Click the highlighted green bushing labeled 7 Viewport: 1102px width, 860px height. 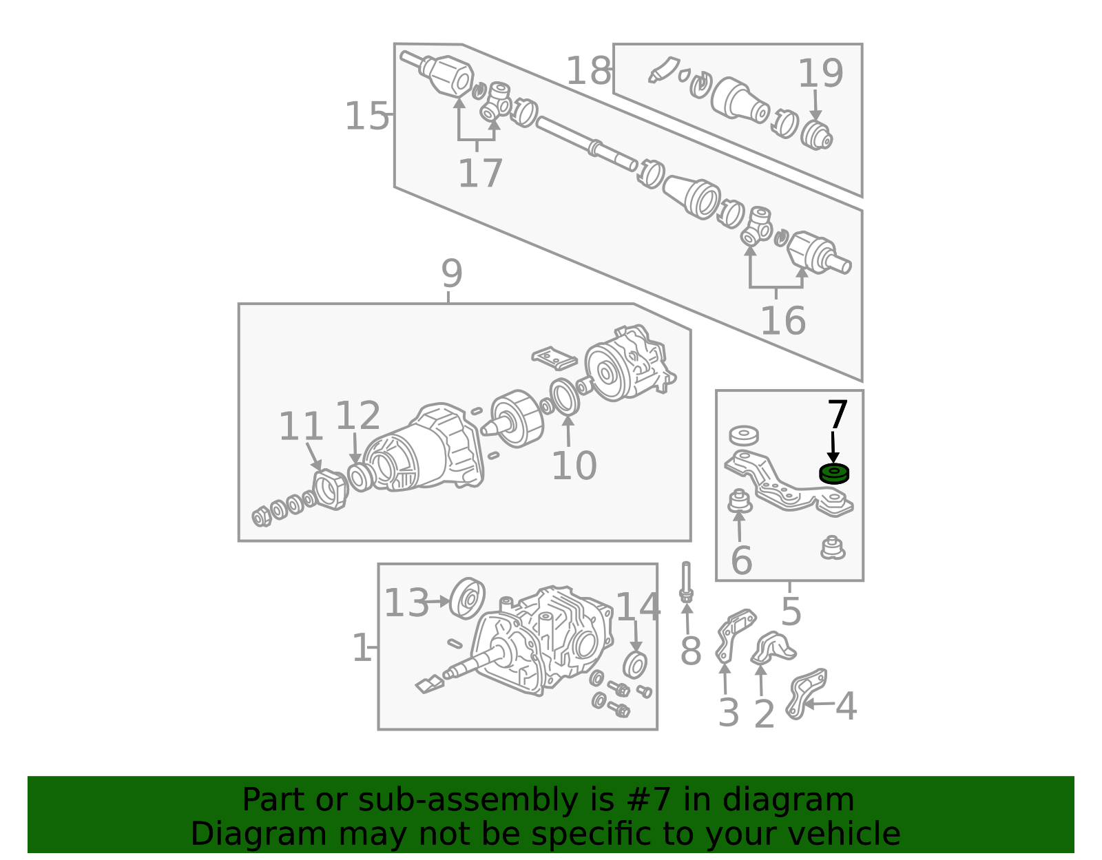point(833,474)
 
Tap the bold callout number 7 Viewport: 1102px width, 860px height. point(838,415)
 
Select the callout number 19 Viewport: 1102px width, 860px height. point(820,74)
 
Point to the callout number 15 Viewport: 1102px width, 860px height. point(366,116)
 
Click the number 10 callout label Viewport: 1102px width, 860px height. point(574,465)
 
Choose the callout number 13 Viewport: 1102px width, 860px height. point(406,603)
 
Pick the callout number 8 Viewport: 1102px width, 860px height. point(690,651)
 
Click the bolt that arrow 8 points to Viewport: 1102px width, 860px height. point(686,582)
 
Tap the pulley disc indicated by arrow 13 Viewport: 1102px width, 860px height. point(467,598)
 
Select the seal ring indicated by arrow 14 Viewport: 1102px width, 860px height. point(635,665)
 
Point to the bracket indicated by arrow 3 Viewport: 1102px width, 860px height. point(734,636)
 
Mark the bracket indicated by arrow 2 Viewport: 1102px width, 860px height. point(772,648)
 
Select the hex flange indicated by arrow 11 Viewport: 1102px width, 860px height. point(331,490)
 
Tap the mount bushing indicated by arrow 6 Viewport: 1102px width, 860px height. point(740,502)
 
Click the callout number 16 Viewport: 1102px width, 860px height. point(782,321)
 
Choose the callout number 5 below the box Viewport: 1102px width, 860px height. point(791,611)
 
